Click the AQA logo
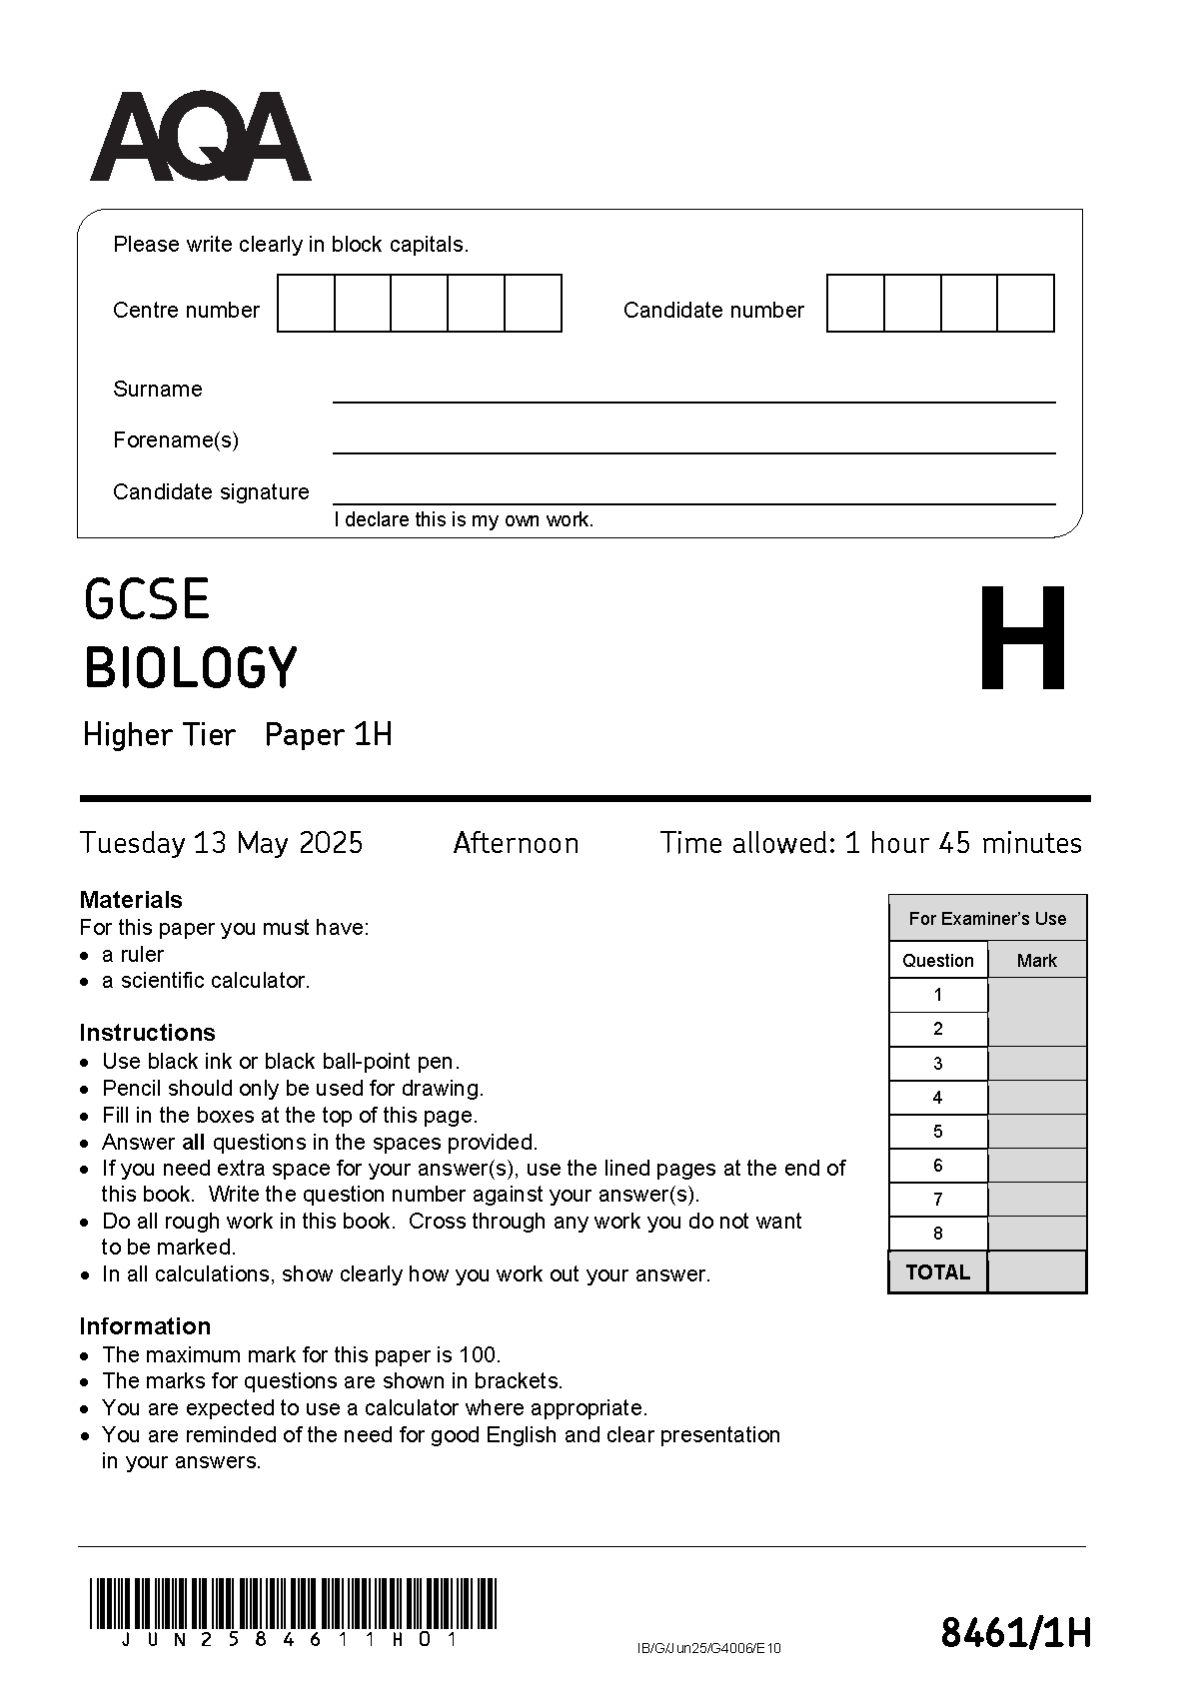coord(200,138)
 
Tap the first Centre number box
coord(306,304)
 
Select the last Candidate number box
coord(1025,304)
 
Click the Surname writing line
coord(693,394)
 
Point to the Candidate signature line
coord(693,496)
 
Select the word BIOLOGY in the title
coord(191,668)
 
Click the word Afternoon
coord(516,843)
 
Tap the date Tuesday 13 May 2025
coord(222,843)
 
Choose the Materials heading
coord(131,900)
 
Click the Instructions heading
coord(147,1033)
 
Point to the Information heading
coord(145,1326)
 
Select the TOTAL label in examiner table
coord(937,1272)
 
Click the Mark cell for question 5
coord(1036,1132)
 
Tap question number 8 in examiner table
coord(937,1234)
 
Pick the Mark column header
coord(1036,961)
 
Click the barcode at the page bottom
coord(293,1603)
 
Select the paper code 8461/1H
coord(1015,1634)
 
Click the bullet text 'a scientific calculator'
coord(206,981)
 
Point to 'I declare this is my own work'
coord(464,519)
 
